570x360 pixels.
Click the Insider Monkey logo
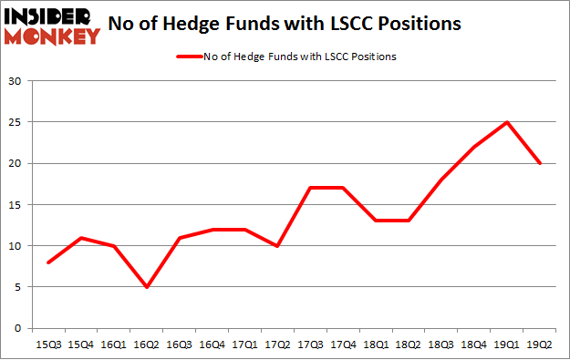51,26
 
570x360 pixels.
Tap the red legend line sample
192,57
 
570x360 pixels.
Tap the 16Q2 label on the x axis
146,346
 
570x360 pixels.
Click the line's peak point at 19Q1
507,122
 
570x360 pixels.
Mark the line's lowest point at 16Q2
146,287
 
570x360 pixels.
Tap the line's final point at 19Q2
540,163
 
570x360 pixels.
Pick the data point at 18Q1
376,221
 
